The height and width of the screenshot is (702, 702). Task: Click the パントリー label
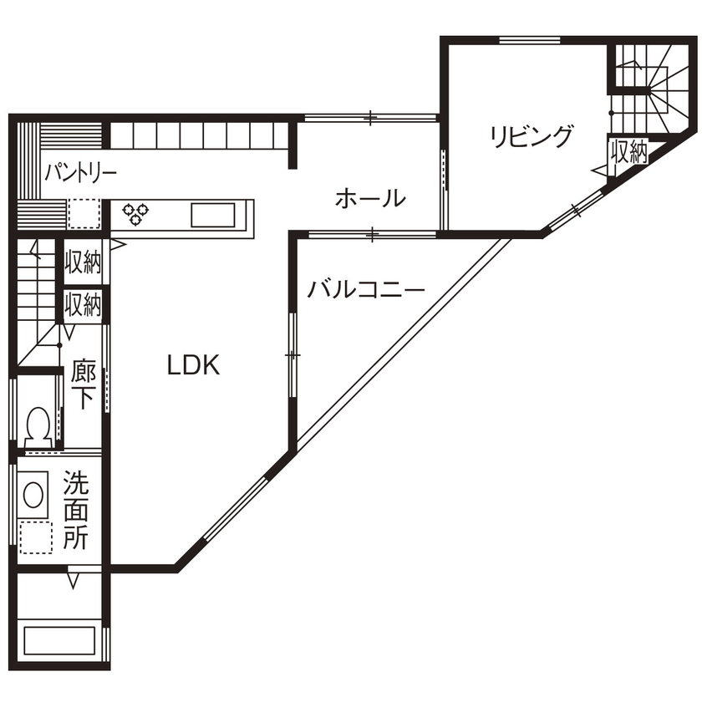coord(80,174)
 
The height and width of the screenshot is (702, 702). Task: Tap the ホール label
coord(370,199)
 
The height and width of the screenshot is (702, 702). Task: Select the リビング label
coord(532,136)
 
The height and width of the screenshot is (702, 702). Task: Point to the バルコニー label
coord(366,290)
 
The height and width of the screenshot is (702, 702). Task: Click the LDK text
coord(193,365)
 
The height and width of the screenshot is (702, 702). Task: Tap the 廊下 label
coord(82,384)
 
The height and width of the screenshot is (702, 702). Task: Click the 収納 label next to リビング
coord(628,152)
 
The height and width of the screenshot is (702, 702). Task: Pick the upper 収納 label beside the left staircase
coord(83,262)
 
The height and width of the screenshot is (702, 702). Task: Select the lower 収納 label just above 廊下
coord(83,304)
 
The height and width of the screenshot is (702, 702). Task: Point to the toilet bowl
coord(37,425)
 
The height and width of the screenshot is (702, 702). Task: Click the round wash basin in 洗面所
coord(34,494)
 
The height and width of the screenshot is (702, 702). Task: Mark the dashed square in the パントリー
coord(84,214)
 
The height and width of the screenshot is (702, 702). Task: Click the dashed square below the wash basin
coord(35,537)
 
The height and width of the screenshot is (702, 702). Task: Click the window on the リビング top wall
coord(529,39)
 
